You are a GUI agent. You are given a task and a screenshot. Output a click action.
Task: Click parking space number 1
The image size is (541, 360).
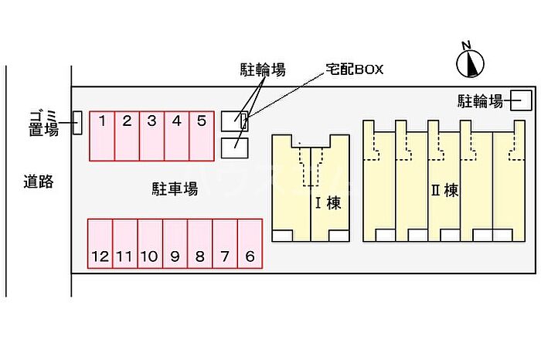[x=102, y=134]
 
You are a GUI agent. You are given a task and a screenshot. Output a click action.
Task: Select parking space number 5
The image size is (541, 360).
[x=201, y=134]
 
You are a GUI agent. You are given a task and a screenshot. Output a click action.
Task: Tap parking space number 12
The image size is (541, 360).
[x=100, y=243]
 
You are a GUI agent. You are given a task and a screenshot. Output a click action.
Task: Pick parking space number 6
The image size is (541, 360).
[x=250, y=243]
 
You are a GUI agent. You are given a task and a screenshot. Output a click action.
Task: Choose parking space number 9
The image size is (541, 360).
[x=175, y=243]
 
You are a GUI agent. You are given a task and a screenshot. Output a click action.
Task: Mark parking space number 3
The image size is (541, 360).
[x=151, y=134]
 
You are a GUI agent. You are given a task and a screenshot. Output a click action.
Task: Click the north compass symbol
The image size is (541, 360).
[x=469, y=63]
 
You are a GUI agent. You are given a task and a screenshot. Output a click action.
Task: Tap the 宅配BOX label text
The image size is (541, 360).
[x=353, y=70]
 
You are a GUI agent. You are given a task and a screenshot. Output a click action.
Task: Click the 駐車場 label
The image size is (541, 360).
[x=175, y=188]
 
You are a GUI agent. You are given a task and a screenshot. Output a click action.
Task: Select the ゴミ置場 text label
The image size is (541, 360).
[x=43, y=123]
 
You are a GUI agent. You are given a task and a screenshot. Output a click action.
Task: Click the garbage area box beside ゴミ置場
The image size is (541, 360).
[x=77, y=123]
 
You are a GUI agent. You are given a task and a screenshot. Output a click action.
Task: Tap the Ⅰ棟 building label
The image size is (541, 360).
[x=327, y=204]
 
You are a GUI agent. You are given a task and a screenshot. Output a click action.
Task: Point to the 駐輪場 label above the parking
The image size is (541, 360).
[x=261, y=70]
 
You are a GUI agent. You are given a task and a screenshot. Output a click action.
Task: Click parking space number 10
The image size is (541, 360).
[x=150, y=243]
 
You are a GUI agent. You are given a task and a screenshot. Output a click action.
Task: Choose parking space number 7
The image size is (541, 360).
[x=225, y=243]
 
